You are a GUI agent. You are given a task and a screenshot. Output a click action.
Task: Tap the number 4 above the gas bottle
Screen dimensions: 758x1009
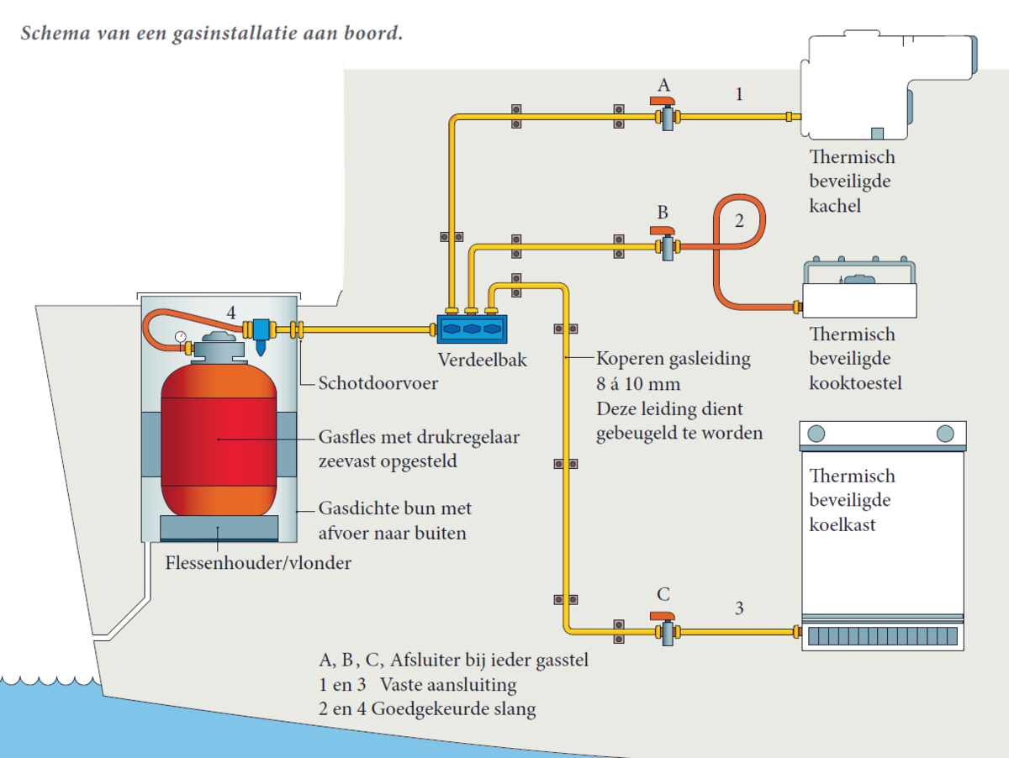(x=230, y=313)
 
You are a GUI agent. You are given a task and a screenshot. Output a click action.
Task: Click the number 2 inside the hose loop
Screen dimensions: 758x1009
(x=739, y=222)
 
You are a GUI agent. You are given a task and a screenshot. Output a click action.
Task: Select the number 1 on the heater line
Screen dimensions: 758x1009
(x=739, y=94)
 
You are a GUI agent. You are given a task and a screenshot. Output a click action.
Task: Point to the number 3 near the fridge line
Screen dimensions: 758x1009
(x=739, y=608)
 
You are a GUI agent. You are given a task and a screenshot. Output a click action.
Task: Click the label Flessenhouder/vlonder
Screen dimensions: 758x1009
(x=258, y=563)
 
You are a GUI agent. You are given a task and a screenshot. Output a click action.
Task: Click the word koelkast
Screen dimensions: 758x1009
(x=842, y=524)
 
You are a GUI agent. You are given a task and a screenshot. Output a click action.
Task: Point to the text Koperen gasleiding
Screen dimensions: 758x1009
(x=673, y=360)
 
